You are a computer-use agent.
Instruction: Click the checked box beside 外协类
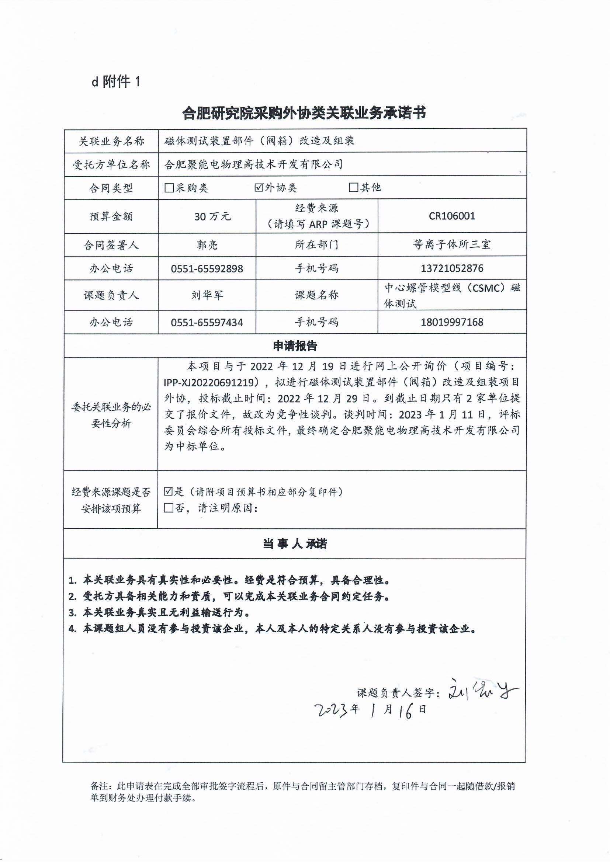[259, 187]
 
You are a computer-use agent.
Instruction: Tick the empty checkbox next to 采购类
[169, 188]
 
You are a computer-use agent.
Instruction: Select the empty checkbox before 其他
[353, 187]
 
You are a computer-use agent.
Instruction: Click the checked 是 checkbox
[169, 491]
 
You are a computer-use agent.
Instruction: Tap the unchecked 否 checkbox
[169, 508]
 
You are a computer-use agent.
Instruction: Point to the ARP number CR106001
[452, 216]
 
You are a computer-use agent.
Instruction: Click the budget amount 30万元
[212, 216]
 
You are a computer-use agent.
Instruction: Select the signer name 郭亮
[207, 245]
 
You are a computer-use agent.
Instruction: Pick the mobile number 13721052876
[452, 268]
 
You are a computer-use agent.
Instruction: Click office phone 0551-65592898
[207, 268]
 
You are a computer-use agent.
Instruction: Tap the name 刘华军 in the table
[207, 295]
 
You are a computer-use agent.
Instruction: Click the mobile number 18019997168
[452, 322]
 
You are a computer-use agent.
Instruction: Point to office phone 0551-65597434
[207, 322]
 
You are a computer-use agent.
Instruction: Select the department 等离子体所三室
[452, 245]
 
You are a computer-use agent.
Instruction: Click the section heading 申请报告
[295, 346]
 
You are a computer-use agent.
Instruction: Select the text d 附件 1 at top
[116, 81]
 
